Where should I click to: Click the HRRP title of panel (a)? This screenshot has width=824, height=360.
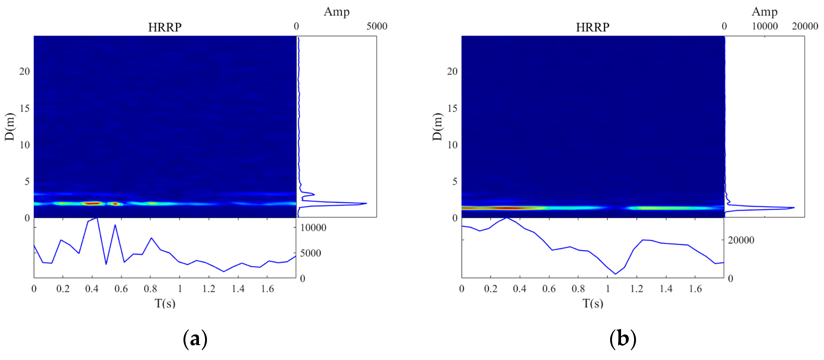(165, 27)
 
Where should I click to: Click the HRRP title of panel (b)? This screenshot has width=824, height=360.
(592, 27)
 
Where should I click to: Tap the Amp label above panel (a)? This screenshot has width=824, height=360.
(337, 12)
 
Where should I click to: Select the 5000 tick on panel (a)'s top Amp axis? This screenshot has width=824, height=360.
(377, 26)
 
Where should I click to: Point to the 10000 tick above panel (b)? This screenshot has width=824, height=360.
(765, 26)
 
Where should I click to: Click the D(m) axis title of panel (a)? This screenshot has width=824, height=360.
(10, 127)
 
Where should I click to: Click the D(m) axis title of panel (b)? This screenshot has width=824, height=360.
(437, 127)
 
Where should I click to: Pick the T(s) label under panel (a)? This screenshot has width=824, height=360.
(165, 303)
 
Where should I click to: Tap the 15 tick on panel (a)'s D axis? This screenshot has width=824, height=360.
(25, 108)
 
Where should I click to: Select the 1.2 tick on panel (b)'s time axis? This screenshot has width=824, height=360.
(637, 289)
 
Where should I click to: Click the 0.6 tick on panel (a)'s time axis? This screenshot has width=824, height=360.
(121, 289)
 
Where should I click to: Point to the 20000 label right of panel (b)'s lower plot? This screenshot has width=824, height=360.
(741, 240)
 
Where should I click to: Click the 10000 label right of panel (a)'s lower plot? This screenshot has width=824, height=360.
(313, 228)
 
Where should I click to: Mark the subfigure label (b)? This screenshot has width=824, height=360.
(622, 339)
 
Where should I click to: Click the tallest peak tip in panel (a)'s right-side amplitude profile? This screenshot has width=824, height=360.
(366, 203)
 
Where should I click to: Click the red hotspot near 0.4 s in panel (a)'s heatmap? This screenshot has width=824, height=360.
(93, 203)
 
